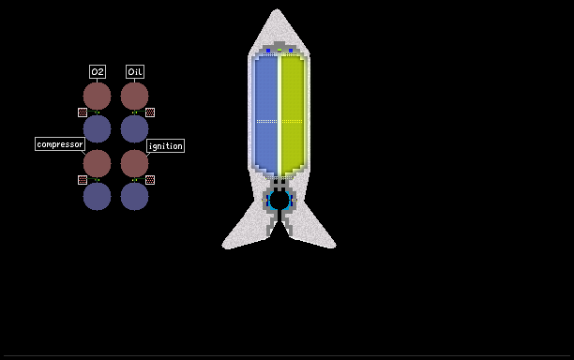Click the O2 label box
point(98,71)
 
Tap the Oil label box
point(135,71)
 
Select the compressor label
point(60,144)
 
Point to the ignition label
point(165,146)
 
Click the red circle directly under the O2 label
point(97,96)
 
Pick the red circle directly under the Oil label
point(135,96)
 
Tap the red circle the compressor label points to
point(97,163)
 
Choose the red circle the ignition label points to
point(135,163)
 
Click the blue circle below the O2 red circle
point(97,128)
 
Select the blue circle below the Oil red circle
point(135,128)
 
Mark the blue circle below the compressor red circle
point(97,197)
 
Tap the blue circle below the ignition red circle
point(135,197)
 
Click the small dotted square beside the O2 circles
point(83,112)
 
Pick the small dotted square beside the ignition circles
point(150,180)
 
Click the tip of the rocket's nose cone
point(277,9)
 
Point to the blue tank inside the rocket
point(266,115)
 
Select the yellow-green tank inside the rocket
point(293,115)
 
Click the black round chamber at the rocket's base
point(279,200)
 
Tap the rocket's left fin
point(245,229)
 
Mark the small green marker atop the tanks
point(279,50)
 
